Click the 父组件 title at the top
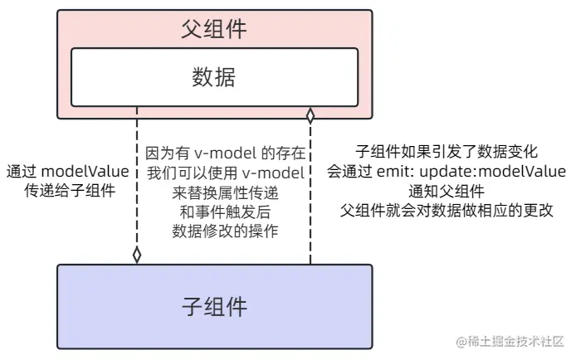[214, 30]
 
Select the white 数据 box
[214, 77]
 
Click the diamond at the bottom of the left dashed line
[137, 255]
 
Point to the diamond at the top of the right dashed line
[310, 115]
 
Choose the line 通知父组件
[447, 191]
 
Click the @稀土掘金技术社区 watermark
[508, 342]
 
